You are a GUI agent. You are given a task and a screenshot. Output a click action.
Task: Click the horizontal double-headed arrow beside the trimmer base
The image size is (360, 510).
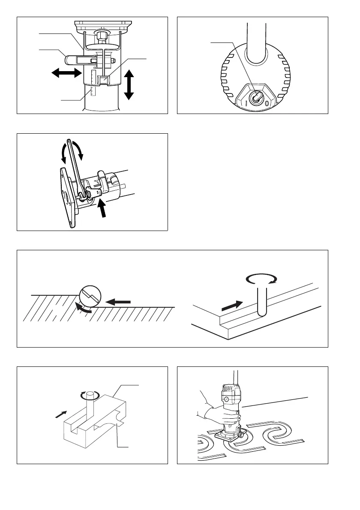click(x=66, y=74)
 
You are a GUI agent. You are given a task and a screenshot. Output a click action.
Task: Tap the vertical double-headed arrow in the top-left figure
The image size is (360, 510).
click(x=129, y=84)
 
